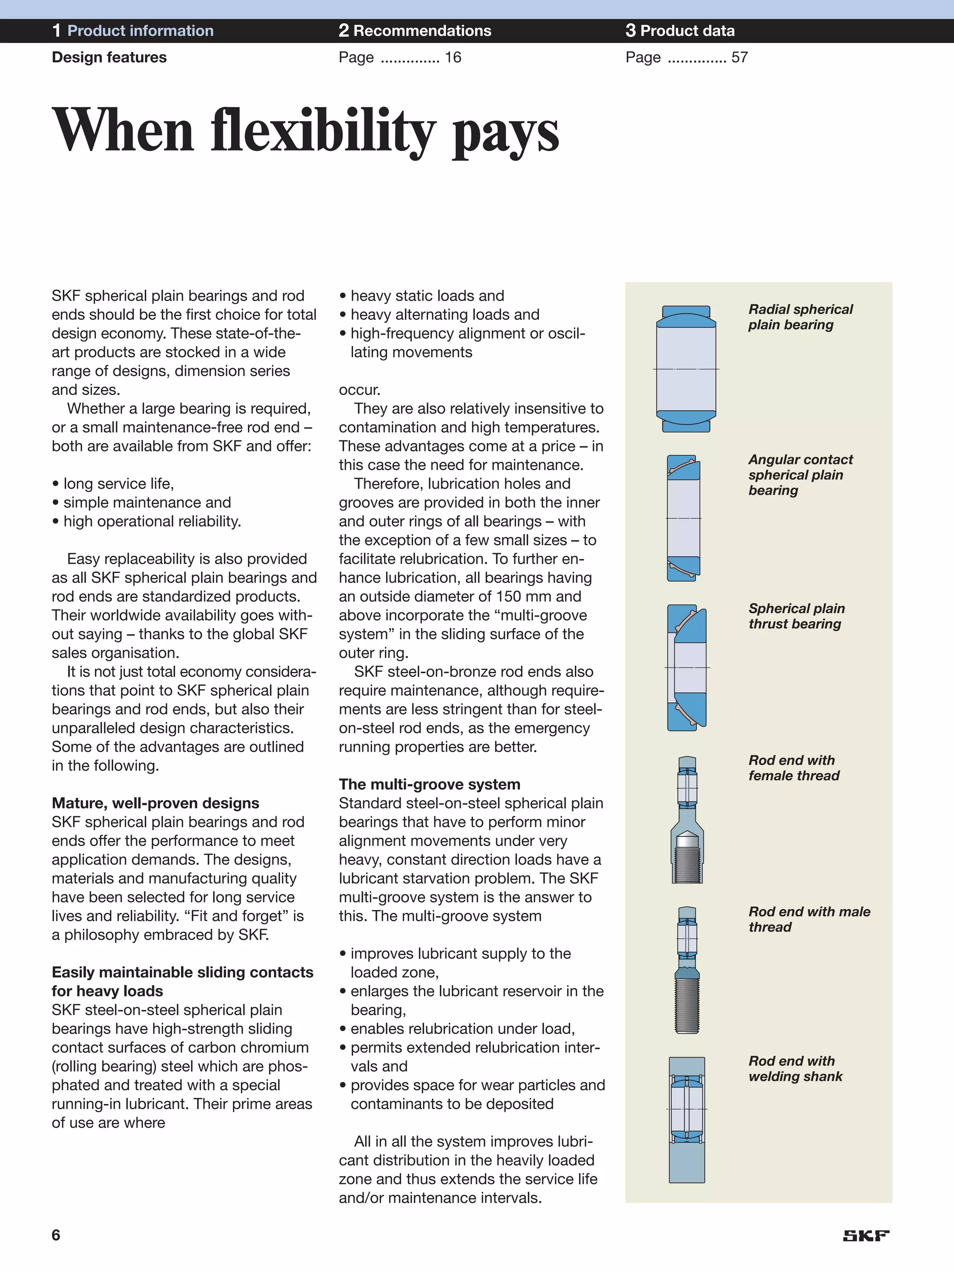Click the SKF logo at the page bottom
[866, 1236]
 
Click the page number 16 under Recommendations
[453, 57]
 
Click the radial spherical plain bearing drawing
[686, 369]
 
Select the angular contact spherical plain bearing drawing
[684, 518]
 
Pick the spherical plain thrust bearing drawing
[687, 668]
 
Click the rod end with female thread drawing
[687, 820]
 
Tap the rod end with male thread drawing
[687, 970]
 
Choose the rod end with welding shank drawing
[687, 1120]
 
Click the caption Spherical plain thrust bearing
[796, 616]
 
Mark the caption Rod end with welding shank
[795, 1068]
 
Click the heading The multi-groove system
[429, 784]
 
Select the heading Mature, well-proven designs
[155, 803]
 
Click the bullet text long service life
[118, 484]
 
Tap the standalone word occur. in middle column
[360, 390]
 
